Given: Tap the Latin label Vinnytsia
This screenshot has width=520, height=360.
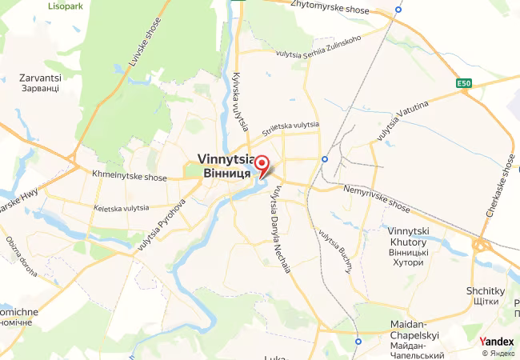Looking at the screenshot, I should click(228, 158).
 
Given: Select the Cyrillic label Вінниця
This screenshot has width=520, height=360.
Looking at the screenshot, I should click(228, 172).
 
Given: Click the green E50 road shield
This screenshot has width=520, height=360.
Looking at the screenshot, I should click(465, 82).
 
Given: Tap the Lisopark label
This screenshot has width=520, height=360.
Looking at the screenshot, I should click(66, 6).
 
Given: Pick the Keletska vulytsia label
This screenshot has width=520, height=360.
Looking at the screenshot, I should click(121, 208).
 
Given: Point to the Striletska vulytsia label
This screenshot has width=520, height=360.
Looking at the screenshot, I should click(291, 125).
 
